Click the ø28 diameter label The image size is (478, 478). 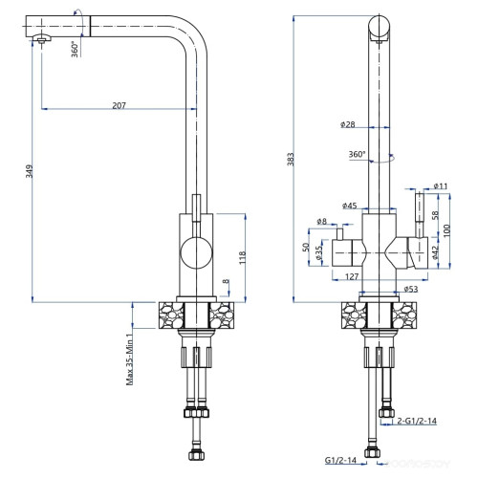[347, 124]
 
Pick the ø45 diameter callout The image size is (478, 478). [350, 205]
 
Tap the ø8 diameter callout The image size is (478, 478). [321, 222]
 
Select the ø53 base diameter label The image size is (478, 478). [412, 288]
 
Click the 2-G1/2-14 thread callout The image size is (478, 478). [418, 420]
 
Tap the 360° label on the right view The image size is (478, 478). [357, 155]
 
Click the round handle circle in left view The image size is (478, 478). [197, 254]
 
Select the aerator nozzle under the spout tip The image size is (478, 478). [40, 40]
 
